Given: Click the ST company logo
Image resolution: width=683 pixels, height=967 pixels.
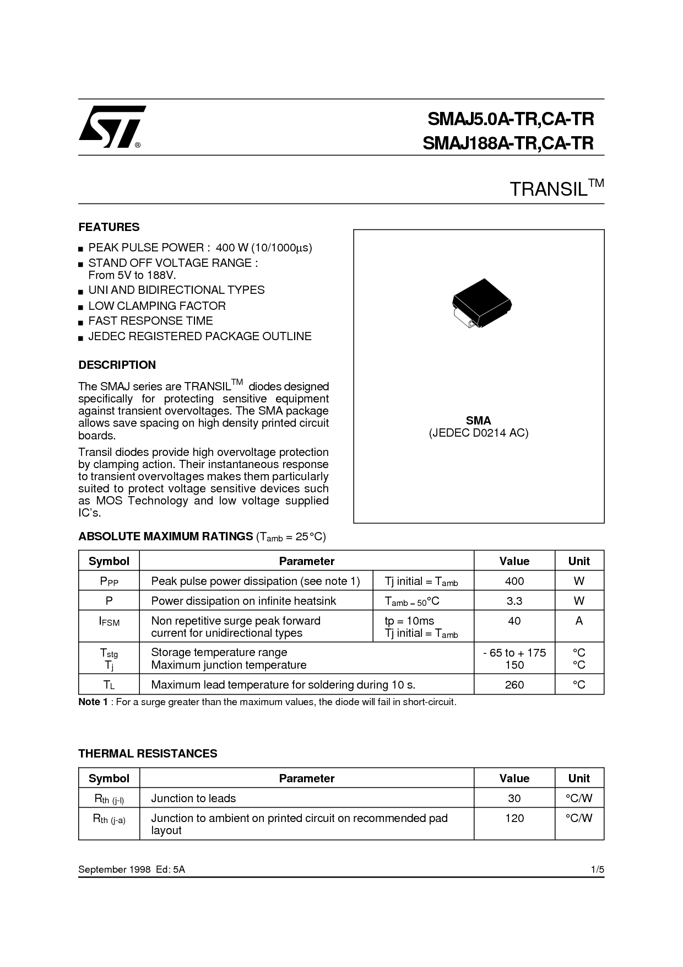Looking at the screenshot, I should pyautogui.click(x=111, y=127).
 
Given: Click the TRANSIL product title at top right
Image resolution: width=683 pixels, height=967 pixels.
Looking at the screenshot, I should pyautogui.click(x=556, y=189).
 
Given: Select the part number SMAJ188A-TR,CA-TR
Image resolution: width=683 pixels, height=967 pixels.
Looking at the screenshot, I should pyautogui.click(x=508, y=143).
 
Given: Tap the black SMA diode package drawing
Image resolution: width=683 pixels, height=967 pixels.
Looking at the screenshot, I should pyautogui.click(x=481, y=303).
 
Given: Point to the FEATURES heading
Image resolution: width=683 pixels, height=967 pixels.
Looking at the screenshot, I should pyautogui.click(x=109, y=227).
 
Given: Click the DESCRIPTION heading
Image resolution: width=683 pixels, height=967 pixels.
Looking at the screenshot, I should pyautogui.click(x=117, y=365).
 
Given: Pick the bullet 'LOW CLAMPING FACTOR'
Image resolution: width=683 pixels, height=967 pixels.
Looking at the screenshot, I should pyautogui.click(x=157, y=306).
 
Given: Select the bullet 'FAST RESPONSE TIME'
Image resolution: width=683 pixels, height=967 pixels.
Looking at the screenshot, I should pyautogui.click(x=150, y=321).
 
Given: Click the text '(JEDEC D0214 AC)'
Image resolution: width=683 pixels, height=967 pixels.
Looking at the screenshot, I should pyautogui.click(x=478, y=433).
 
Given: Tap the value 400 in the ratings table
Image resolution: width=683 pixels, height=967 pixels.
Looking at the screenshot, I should pyautogui.click(x=514, y=581).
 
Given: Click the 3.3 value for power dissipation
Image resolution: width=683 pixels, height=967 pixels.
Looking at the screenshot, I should pyautogui.click(x=514, y=601).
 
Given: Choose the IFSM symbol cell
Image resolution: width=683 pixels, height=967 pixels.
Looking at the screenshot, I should pyautogui.click(x=109, y=621).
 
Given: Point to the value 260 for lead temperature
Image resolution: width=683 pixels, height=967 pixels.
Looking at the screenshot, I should pyautogui.click(x=514, y=685).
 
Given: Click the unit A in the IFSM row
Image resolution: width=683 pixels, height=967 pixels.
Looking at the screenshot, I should pyautogui.click(x=578, y=621).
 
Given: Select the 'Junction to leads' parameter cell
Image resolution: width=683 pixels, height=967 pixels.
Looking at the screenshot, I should pyautogui.click(x=193, y=798).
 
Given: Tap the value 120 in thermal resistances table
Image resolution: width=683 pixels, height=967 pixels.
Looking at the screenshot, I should pyautogui.click(x=514, y=819).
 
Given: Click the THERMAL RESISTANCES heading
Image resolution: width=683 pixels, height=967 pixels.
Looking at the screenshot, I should pyautogui.click(x=148, y=754).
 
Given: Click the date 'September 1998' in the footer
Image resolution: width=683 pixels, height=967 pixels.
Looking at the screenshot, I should pyautogui.click(x=115, y=869).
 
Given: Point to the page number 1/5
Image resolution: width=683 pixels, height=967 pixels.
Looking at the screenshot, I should pyautogui.click(x=598, y=869).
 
